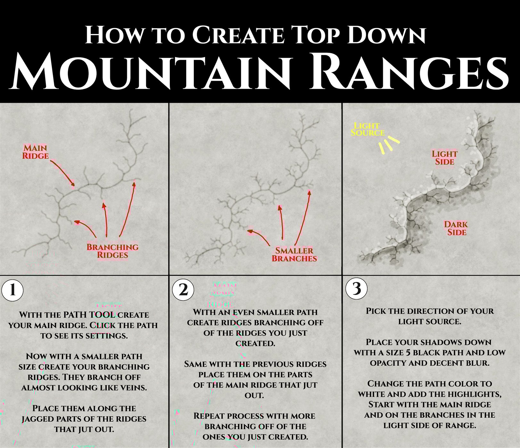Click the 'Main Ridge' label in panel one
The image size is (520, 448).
pyautogui.click(x=36, y=152)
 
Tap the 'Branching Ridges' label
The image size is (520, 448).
pyautogui.click(x=112, y=251)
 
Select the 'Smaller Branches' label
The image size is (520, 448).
pyautogui.click(x=294, y=255)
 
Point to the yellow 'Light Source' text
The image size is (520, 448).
pyautogui.click(x=367, y=129)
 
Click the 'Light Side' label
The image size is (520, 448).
pyautogui.click(x=444, y=158)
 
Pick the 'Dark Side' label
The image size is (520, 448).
pyautogui.click(x=456, y=228)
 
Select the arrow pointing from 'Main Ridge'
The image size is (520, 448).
pyautogui.click(x=62, y=173)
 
